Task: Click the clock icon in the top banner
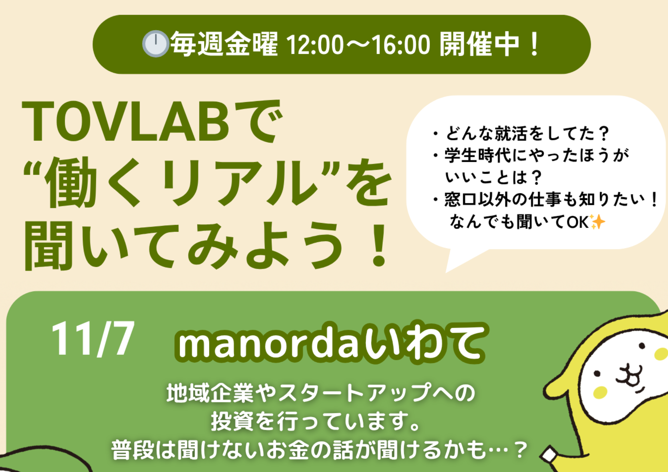[155, 44]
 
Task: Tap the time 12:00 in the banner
[315, 45]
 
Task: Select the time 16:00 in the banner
[401, 45]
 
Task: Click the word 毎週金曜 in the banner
[224, 44]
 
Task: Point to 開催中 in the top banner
[479, 44]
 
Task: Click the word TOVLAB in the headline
[126, 122]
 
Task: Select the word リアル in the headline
[240, 182]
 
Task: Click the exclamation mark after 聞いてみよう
[379, 245]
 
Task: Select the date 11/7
[93, 339]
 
